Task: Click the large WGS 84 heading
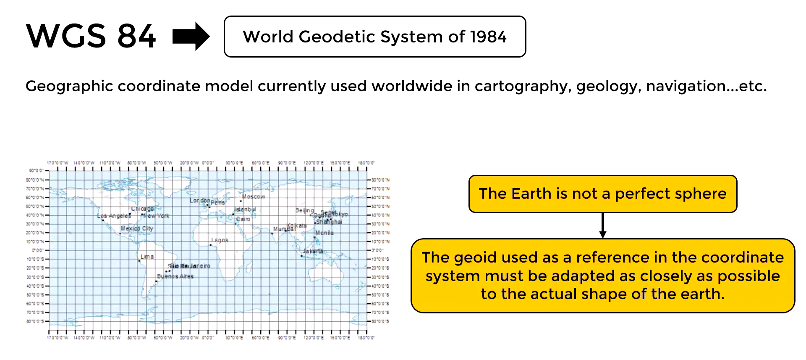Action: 91,37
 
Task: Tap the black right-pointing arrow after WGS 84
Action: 191,37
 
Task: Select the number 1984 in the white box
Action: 488,37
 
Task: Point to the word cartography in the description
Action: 522,87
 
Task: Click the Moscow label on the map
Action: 254,197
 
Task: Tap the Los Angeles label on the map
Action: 114,216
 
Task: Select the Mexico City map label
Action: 137,229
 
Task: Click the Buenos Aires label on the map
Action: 175,276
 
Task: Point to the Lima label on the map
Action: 147,257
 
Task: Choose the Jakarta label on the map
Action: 313,251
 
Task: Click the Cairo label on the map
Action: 243,219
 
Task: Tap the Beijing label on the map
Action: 304,210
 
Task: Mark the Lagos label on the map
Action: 220,240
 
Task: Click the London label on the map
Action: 199,200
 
